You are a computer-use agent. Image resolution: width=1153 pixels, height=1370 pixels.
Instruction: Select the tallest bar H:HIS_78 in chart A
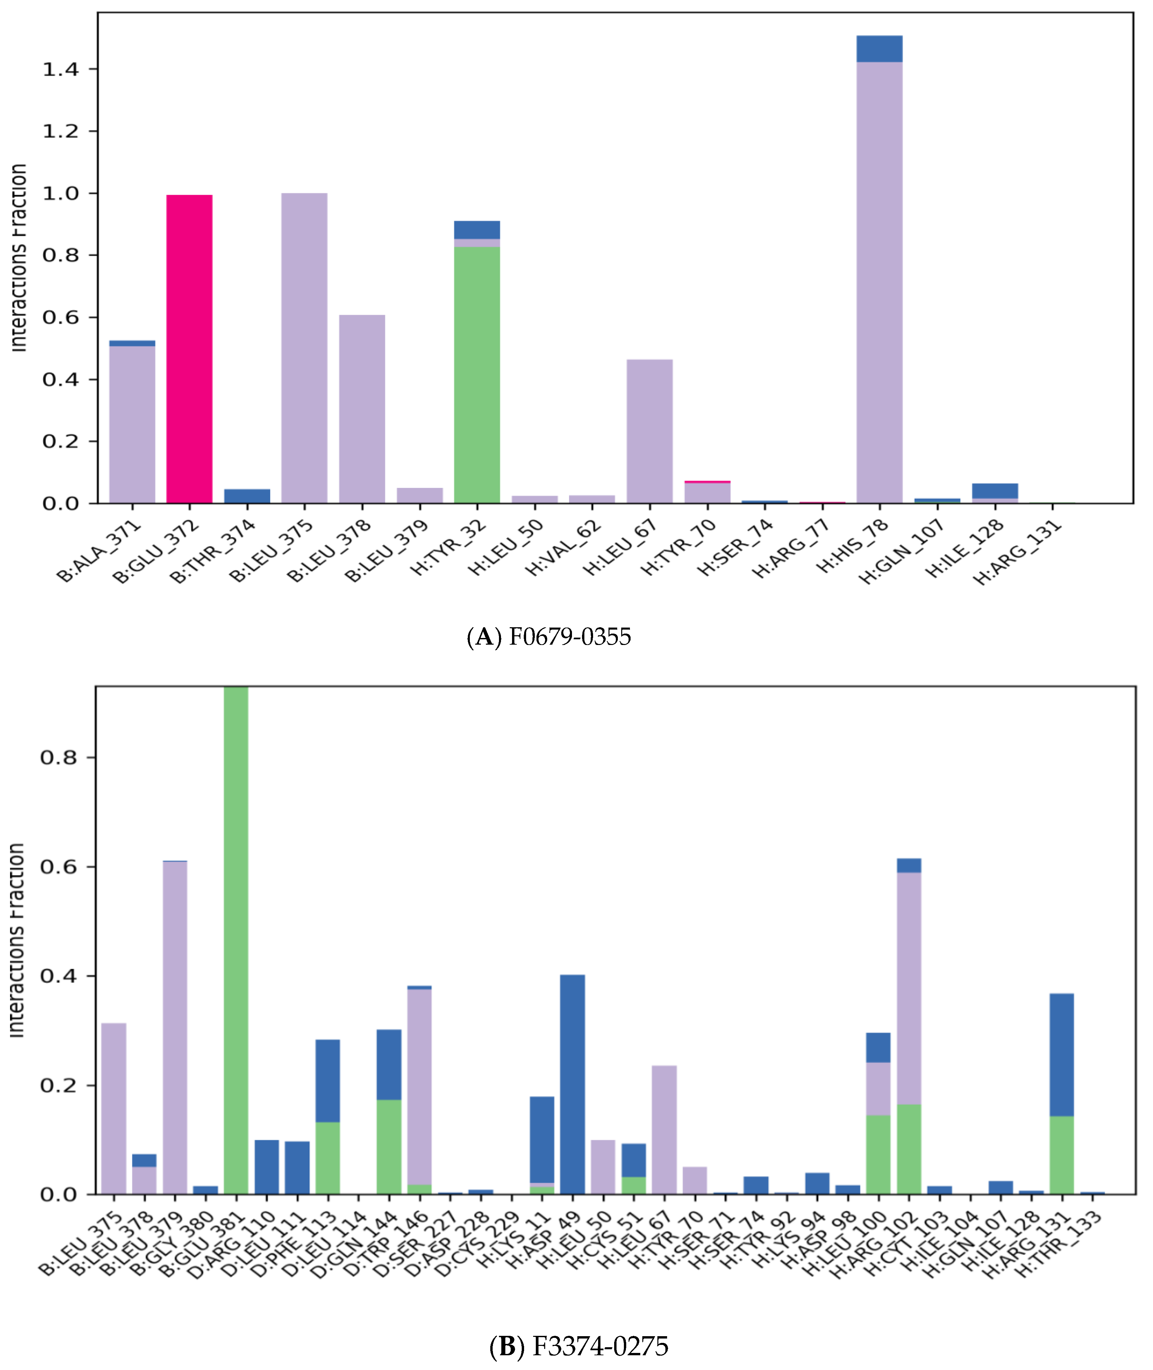(879, 281)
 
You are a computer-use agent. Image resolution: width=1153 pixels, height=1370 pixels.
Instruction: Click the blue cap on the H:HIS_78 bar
(879, 49)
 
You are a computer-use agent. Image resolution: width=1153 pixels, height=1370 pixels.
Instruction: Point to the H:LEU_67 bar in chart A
(649, 431)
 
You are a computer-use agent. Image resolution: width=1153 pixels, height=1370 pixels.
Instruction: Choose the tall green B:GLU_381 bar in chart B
(236, 941)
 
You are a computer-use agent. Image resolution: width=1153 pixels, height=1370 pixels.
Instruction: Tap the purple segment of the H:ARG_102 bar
(909, 987)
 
